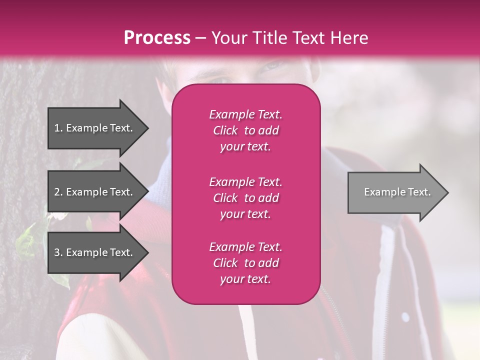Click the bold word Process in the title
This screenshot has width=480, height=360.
[157, 38]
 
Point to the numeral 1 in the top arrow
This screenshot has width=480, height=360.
[57, 128]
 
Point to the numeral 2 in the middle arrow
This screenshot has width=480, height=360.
[57, 192]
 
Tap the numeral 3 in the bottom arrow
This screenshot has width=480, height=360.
[57, 252]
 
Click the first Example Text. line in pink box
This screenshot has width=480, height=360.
[245, 114]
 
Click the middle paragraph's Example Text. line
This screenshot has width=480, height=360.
[245, 181]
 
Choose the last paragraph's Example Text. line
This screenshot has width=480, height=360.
[245, 247]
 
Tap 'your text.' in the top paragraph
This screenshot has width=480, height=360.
[245, 147]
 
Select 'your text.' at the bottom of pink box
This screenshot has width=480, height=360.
[245, 279]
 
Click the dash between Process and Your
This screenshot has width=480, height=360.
[200, 38]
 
